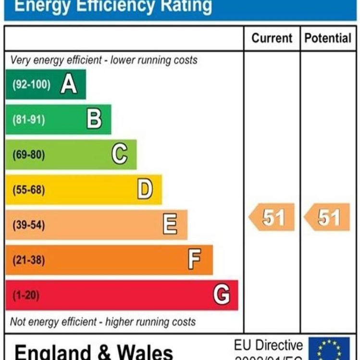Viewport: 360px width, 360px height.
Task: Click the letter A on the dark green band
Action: [69, 85]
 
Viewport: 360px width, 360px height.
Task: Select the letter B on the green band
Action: [94, 119]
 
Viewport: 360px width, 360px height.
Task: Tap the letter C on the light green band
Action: [120, 154]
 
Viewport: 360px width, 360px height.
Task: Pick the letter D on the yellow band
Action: [145, 189]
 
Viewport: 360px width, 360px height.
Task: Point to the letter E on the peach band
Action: [170, 224]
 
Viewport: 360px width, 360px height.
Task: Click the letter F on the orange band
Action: [195, 260]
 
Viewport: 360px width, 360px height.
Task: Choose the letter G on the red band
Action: [222, 294]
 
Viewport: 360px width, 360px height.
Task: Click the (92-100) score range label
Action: [31, 85]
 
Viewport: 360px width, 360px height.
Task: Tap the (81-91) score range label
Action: [29, 120]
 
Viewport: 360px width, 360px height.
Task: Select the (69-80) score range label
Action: [29, 155]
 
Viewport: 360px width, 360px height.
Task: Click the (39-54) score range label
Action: [29, 225]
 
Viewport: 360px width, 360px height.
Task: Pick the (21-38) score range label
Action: [29, 260]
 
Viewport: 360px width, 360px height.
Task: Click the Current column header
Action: [272, 38]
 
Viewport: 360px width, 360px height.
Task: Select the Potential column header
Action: [328, 38]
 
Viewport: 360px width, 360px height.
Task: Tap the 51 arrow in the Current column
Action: [272, 218]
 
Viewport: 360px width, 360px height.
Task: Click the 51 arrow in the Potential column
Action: [328, 218]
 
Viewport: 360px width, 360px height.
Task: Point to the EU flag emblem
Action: [329, 349]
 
